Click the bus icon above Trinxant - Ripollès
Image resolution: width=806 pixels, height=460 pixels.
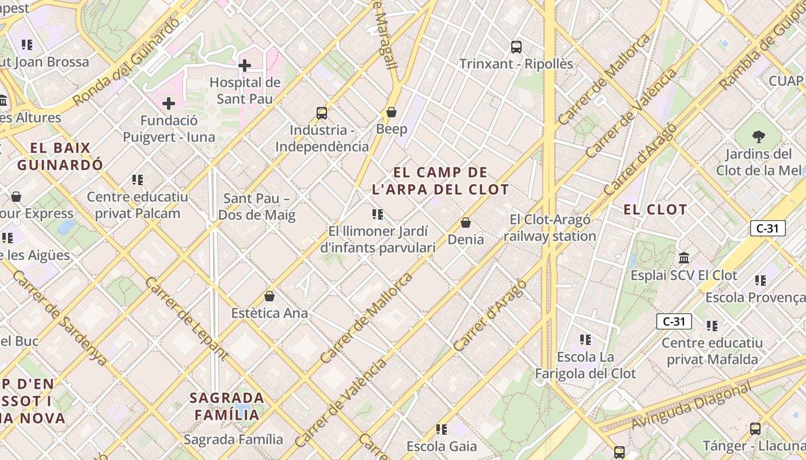pos(516,47)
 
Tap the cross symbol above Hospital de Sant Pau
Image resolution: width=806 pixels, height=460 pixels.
pos(245,66)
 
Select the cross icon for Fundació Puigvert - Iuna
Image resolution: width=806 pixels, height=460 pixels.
pos(169,103)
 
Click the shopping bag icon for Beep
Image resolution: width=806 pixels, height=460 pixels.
pos(391,112)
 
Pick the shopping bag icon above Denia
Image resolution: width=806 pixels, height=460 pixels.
pos(466,223)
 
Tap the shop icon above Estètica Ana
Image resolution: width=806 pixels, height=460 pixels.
pos(269,297)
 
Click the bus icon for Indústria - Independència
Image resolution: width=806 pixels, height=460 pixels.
pos(322,113)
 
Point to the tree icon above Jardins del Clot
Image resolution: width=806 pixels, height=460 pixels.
pos(758,137)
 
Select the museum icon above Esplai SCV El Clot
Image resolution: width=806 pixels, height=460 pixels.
pos(684,258)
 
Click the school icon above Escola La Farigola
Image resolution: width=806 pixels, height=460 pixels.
pos(586,340)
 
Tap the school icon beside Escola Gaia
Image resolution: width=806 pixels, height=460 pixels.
pos(442,430)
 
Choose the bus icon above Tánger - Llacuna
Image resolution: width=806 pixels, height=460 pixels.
pos(755,429)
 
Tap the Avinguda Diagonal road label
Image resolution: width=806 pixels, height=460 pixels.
pos(691,406)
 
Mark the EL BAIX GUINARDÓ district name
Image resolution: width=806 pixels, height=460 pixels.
pos(60,156)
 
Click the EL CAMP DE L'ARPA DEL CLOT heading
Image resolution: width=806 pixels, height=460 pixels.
pos(440,181)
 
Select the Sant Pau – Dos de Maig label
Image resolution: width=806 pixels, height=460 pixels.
pos(259,207)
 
